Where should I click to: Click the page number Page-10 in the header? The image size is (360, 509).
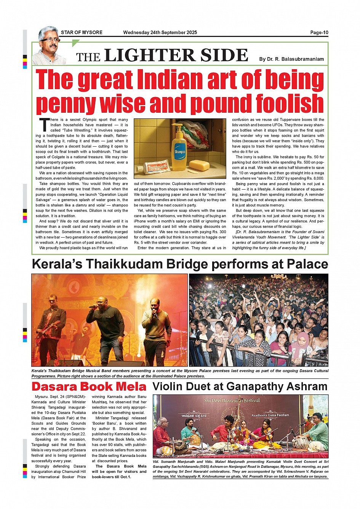coord(319,32)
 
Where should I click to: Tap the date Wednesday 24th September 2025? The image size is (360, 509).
coord(160,32)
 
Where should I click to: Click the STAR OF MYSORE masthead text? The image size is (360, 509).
coord(82,32)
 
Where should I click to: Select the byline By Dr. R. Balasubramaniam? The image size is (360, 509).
coord(291,59)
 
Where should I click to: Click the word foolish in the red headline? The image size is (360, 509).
coord(290,104)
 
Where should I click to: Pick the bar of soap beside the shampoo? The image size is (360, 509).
coord(202,165)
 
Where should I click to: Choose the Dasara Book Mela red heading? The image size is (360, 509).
coord(89,387)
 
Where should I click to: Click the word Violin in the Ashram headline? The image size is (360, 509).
coord(170,387)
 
